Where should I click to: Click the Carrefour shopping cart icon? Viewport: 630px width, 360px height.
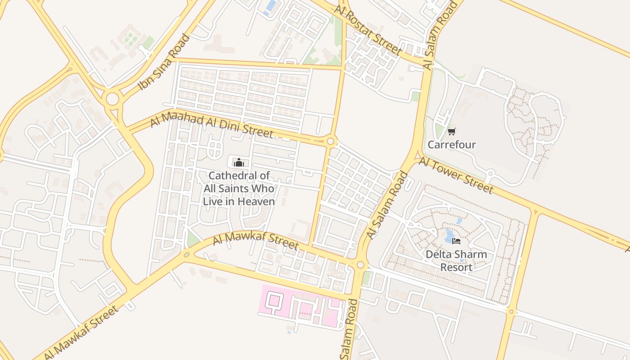(x=451, y=131)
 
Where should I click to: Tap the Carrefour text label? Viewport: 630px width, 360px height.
(x=451, y=144)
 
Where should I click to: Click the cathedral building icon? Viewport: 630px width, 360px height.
(x=238, y=162)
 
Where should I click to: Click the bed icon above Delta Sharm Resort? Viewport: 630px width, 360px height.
(x=456, y=241)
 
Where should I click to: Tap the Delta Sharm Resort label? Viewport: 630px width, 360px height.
(x=456, y=261)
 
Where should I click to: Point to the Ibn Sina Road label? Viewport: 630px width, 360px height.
(x=164, y=62)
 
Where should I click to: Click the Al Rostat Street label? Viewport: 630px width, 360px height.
(x=368, y=29)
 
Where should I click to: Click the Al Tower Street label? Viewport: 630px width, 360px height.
(x=456, y=175)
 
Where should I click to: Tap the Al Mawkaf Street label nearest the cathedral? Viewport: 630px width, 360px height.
(x=255, y=240)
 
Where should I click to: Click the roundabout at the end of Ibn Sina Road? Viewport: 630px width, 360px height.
(x=112, y=99)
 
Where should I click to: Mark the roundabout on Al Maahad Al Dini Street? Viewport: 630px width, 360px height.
(x=331, y=142)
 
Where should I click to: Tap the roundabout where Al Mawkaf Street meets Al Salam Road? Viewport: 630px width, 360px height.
(x=360, y=265)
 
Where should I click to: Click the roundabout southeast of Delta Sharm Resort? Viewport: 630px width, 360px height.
(x=511, y=311)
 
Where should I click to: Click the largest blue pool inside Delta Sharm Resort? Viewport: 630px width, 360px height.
(x=450, y=234)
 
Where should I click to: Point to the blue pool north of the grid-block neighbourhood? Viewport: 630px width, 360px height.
(x=271, y=6)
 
